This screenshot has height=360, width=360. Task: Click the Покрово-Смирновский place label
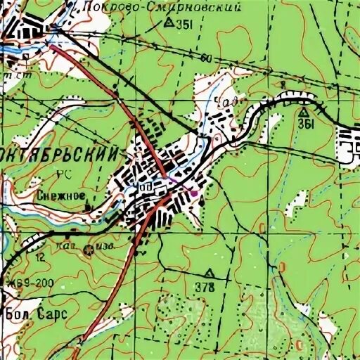tap(162, 8)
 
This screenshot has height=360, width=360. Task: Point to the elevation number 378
tap(207, 285)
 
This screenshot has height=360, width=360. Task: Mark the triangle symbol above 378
tap(208, 272)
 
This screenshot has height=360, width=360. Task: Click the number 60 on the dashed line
tap(204, 58)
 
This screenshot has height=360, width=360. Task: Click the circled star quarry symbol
tap(89, 250)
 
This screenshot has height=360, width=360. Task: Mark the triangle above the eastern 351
tap(303, 112)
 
